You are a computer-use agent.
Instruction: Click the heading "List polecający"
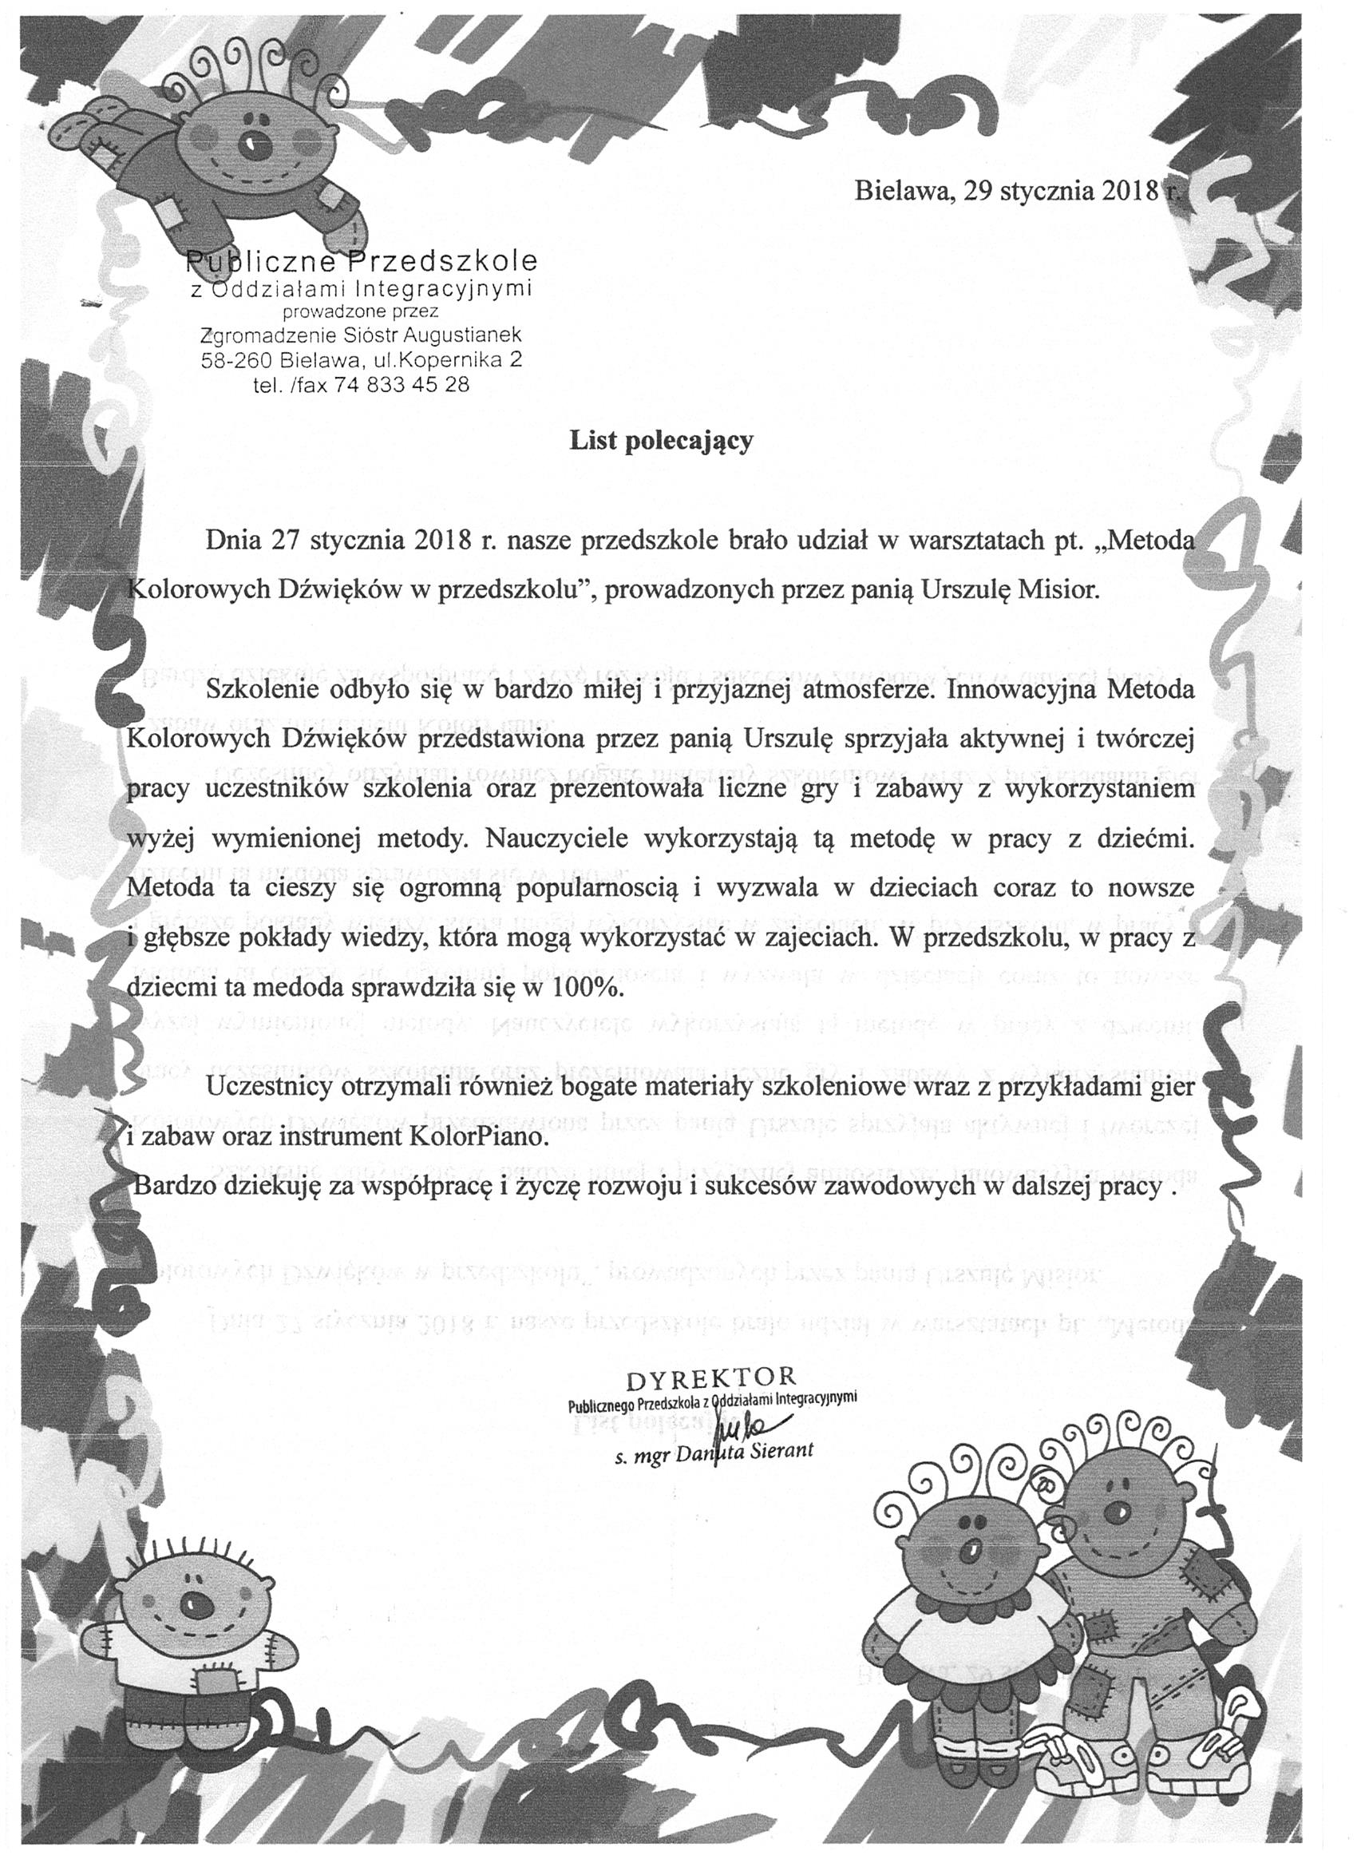[x=662, y=442]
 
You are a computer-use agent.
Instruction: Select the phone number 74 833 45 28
[x=402, y=383]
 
